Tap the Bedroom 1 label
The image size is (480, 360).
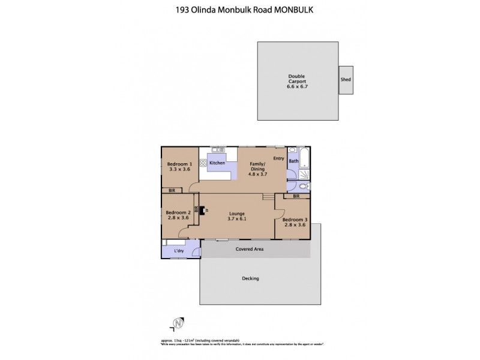tap(179, 167)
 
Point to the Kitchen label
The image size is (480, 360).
tap(217, 163)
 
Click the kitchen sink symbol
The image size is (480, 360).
tap(218, 150)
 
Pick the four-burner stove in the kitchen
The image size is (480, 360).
tap(203, 162)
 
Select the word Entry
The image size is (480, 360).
tap(278, 158)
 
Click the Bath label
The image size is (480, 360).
tap(293, 161)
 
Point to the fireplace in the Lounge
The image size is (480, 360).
tap(203, 211)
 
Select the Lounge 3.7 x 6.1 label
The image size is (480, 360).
tap(236, 216)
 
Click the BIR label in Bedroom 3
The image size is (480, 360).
tap(296, 196)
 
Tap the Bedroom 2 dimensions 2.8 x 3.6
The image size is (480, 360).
tap(178, 218)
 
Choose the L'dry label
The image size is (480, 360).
tap(178, 250)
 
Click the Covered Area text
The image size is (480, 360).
tap(250, 248)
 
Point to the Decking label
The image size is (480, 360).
tap(250, 278)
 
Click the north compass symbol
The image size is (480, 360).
tap(177, 325)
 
